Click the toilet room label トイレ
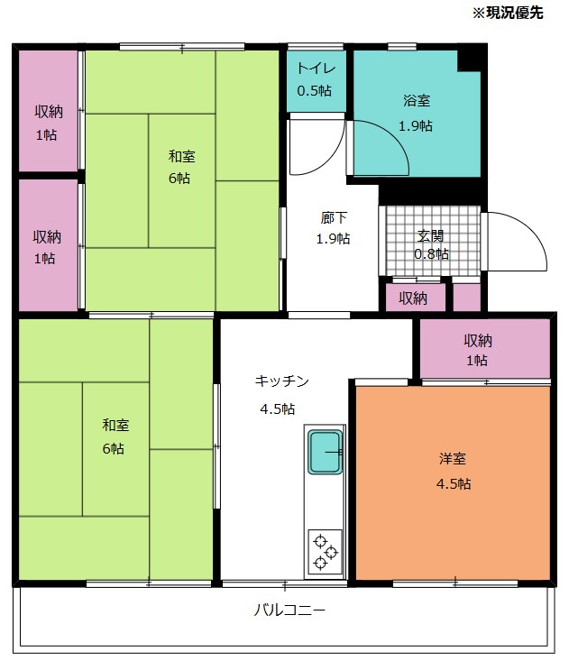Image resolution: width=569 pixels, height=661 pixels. click(x=317, y=69)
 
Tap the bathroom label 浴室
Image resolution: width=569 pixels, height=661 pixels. click(x=417, y=101)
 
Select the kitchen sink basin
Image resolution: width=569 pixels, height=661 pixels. click(x=325, y=452)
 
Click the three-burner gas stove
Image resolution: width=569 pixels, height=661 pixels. click(x=325, y=552)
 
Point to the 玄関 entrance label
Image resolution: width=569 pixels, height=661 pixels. click(x=430, y=235)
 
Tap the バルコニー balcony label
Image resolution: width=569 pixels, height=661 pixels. click(x=289, y=610)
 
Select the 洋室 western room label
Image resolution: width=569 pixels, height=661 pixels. click(x=453, y=459)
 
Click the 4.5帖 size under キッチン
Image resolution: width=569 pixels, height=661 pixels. click(x=278, y=409)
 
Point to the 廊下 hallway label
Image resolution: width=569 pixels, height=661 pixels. click(x=334, y=218)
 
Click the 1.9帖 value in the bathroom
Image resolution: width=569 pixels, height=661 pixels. click(x=416, y=125)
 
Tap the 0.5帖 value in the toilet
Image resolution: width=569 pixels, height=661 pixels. click(x=314, y=91)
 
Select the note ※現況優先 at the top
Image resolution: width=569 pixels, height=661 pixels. click(x=508, y=13)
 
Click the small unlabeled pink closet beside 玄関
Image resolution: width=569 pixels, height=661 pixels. click(x=466, y=298)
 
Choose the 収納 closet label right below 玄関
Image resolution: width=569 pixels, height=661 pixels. click(x=413, y=298)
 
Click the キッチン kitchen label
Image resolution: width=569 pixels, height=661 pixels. click(x=282, y=381)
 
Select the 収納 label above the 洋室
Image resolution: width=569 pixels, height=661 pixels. click(x=478, y=341)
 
